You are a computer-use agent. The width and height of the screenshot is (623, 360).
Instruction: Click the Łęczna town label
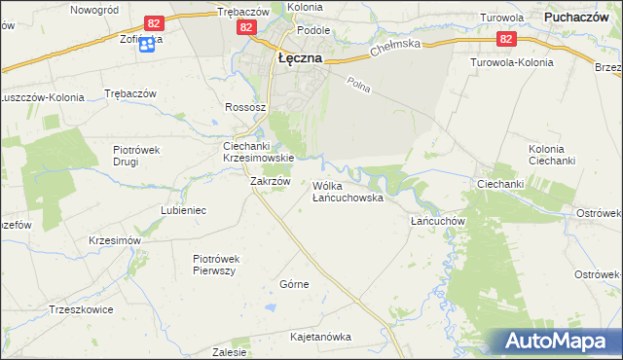(x=300, y=57)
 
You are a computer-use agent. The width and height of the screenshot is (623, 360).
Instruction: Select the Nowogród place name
(x=95, y=9)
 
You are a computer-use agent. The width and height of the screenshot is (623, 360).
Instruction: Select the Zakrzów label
(x=271, y=181)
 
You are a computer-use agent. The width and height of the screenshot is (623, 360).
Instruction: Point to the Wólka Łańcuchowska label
(x=348, y=191)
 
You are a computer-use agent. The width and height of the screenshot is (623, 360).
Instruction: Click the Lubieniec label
(x=183, y=209)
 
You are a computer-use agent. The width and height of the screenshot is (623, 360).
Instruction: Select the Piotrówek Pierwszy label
(x=216, y=265)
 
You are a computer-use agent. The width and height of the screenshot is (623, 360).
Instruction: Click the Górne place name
(x=294, y=284)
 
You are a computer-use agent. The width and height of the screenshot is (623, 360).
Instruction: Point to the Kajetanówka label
(x=320, y=337)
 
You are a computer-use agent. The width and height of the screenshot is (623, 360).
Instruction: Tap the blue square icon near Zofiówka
(x=147, y=44)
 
